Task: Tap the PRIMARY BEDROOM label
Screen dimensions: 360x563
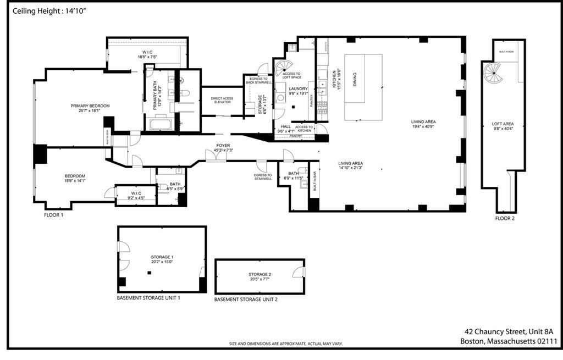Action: [x=90, y=106]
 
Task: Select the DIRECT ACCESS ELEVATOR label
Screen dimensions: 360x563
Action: [x=222, y=101]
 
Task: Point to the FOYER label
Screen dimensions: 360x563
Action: [x=222, y=146]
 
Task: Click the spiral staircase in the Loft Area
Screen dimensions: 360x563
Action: [x=493, y=71]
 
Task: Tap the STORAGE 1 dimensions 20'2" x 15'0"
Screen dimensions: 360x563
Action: [x=162, y=262]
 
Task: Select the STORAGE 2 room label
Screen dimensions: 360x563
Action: [x=259, y=274]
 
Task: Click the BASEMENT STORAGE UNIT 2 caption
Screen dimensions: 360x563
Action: [x=246, y=300]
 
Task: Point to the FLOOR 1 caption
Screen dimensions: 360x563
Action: [x=54, y=215]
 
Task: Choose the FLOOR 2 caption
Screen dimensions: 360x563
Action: [x=505, y=218]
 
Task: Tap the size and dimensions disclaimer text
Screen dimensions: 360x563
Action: [x=286, y=344]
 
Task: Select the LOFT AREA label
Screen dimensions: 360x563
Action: [x=503, y=124]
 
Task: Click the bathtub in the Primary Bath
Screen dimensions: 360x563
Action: [x=161, y=124]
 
